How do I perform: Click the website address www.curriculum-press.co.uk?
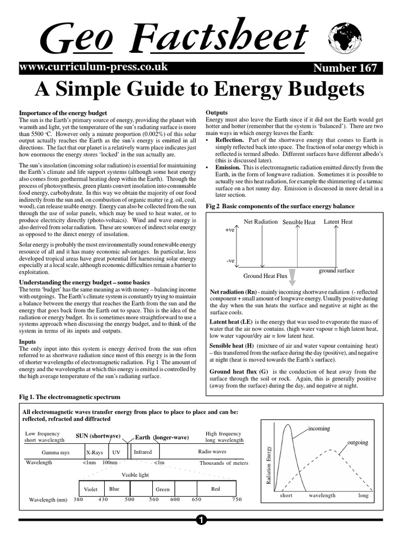coord(93,67)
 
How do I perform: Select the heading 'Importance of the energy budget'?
coord(63,113)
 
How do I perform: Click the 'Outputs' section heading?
coord(217,113)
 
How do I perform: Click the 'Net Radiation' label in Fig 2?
coord(261,221)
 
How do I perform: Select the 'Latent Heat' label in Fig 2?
coord(338,221)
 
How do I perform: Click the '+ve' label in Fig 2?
coord(229,230)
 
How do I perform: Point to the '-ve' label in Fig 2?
coord(230,260)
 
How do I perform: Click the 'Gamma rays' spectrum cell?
coord(55,452)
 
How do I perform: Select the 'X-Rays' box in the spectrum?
coord(94,452)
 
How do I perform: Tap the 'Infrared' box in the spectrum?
coord(143,451)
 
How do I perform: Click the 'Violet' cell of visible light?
coord(91,489)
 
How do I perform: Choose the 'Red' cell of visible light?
coord(215,489)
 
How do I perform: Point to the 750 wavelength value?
coord(237,514)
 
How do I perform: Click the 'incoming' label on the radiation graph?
coord(319,428)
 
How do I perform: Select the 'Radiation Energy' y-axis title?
coord(269,465)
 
